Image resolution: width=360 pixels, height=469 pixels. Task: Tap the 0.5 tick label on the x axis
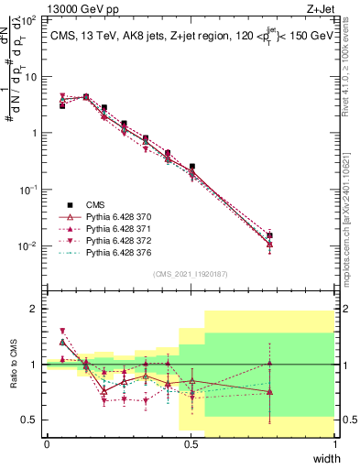[x=191, y=443]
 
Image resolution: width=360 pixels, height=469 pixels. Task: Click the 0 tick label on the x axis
[x=47, y=443]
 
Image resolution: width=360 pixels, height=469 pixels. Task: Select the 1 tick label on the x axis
[x=335, y=443]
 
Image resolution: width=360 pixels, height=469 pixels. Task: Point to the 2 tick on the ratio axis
[x=37, y=309]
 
